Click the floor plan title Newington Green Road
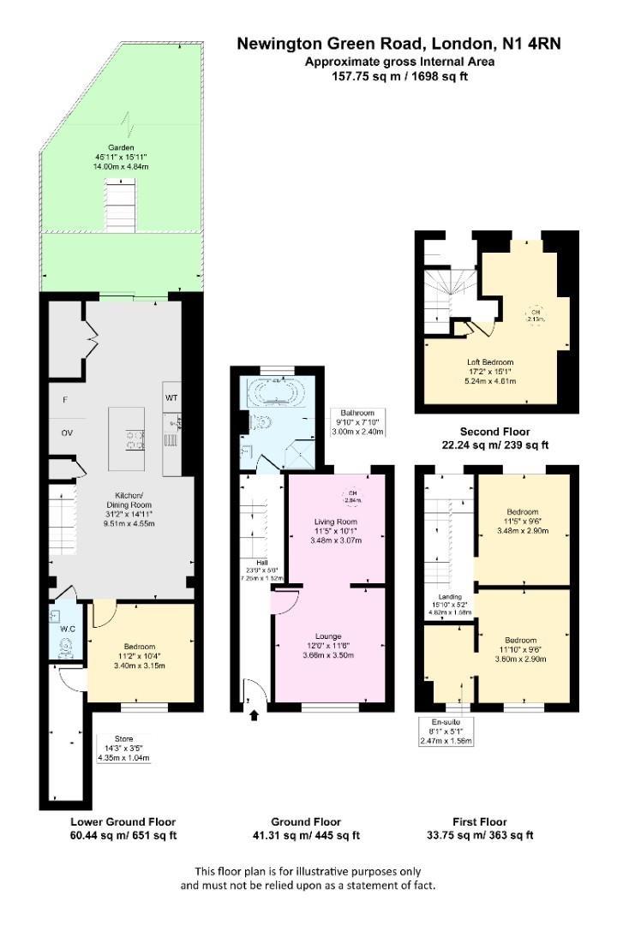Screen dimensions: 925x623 point(398,43)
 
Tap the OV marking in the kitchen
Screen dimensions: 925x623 point(67,433)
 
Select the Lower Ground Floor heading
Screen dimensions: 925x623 point(123,821)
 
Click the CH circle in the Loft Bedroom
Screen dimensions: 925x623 point(536,314)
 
